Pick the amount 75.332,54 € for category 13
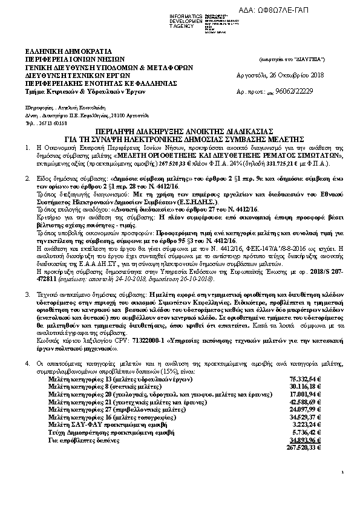pyautogui.click(x=304, y=378)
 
